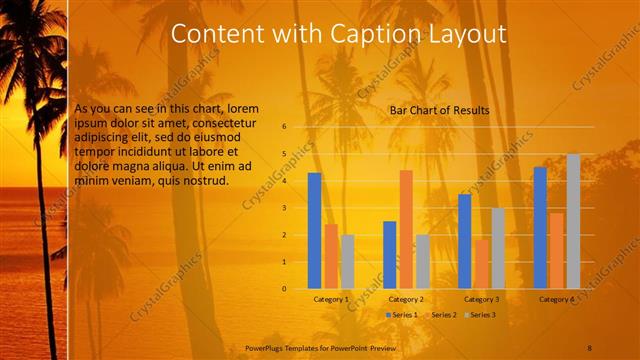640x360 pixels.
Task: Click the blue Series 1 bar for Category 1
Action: pos(314,230)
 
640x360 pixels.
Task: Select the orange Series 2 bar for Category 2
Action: pos(406,229)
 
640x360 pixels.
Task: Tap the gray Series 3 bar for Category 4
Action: pos(573,221)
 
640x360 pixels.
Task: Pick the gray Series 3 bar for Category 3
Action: pos(498,248)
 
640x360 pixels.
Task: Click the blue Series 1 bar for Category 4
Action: pos(540,227)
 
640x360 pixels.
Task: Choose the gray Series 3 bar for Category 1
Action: pos(348,261)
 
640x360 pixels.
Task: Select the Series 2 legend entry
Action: pos(440,315)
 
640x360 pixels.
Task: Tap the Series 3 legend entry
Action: pos(479,315)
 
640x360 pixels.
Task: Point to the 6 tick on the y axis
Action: pos(284,127)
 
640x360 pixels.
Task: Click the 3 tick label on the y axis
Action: pos(284,208)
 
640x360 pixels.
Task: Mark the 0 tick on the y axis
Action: pos(284,289)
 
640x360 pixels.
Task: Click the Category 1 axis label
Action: pos(331,299)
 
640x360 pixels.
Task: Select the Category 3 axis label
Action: pos(481,299)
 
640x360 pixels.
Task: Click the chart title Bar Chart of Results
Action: pos(439,109)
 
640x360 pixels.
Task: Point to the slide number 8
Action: pos(590,347)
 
